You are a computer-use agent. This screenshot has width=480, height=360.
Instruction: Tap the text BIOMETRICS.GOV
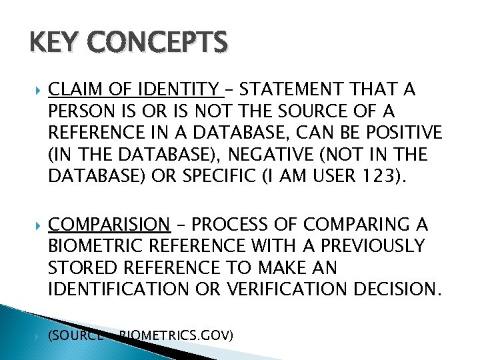click(176, 335)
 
